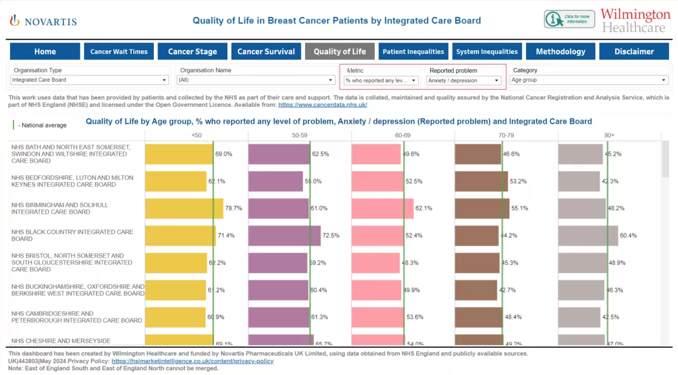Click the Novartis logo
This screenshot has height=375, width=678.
[x=43, y=21]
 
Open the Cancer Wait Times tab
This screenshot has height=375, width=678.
[x=119, y=52]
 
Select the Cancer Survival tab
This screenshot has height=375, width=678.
[x=266, y=52]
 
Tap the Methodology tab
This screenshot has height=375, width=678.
[x=560, y=52]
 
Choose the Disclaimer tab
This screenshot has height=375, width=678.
[x=633, y=52]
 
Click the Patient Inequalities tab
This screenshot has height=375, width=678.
[x=413, y=52]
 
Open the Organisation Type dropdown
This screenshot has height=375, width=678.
[x=90, y=80]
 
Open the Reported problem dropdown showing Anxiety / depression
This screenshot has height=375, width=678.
[x=464, y=80]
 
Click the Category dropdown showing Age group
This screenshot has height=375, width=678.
[x=589, y=80]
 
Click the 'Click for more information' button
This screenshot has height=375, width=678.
[x=569, y=19]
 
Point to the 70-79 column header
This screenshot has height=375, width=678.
[x=506, y=135]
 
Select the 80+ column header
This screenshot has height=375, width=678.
[x=609, y=135]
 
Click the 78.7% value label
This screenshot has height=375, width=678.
[x=234, y=208]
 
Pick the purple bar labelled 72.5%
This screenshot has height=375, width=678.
[x=284, y=236]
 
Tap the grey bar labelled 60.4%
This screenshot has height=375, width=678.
[x=588, y=236]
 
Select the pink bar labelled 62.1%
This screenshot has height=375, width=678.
[x=382, y=208]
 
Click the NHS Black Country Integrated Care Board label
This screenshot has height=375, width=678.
[x=72, y=236]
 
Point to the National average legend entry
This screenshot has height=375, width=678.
[x=42, y=125]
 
